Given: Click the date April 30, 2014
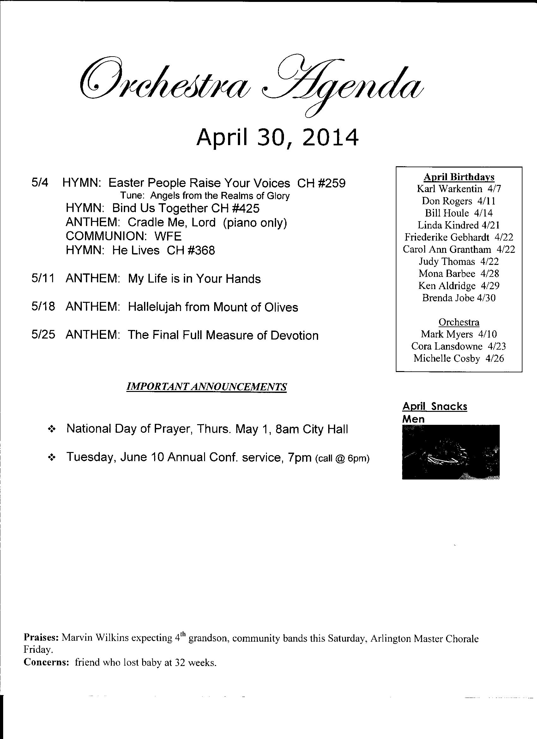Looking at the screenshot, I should [x=277, y=137].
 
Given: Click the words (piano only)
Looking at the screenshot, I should [x=255, y=223].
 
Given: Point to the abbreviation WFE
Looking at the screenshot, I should [x=168, y=236].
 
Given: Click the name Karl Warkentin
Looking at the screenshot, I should [x=450, y=189].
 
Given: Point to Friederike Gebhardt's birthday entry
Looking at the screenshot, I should [x=459, y=237].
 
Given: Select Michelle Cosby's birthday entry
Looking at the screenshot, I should [x=459, y=358].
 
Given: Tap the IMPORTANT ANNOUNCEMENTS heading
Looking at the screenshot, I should [x=207, y=387].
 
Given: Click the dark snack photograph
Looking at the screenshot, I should [x=451, y=452].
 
